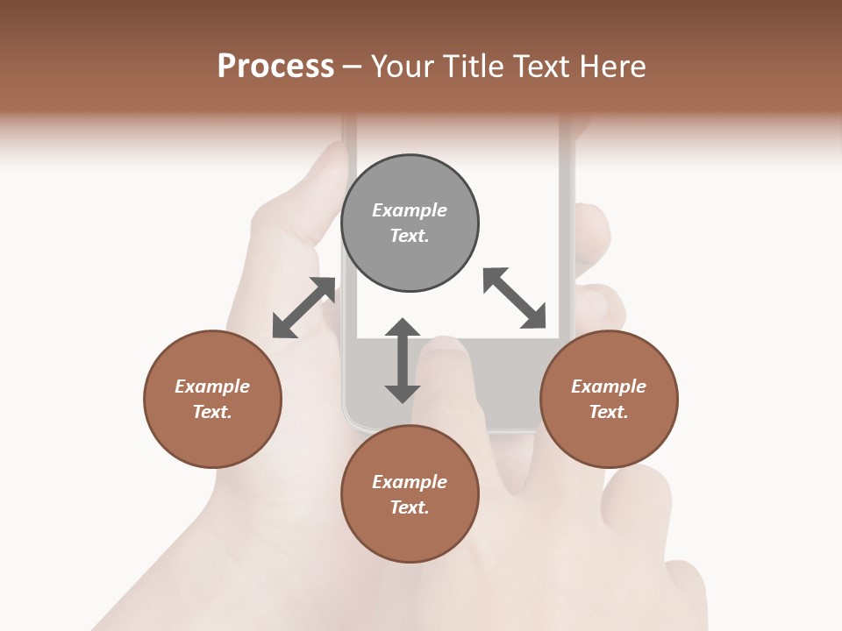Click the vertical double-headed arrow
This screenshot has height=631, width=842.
tap(403, 360)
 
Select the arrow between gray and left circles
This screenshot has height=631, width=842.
tap(304, 308)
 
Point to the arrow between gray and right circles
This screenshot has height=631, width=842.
tap(514, 298)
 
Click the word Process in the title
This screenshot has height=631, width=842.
tap(275, 66)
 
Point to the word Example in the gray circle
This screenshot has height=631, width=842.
tap(410, 210)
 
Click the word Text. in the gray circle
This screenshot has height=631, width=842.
tap(410, 236)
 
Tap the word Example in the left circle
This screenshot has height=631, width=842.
tap(212, 386)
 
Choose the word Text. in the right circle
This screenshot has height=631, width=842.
tap(609, 412)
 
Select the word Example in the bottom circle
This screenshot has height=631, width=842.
tap(410, 482)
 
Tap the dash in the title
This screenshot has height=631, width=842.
tap(353, 67)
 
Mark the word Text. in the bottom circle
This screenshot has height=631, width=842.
tap(410, 507)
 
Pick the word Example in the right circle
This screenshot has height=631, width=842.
tap(609, 386)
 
